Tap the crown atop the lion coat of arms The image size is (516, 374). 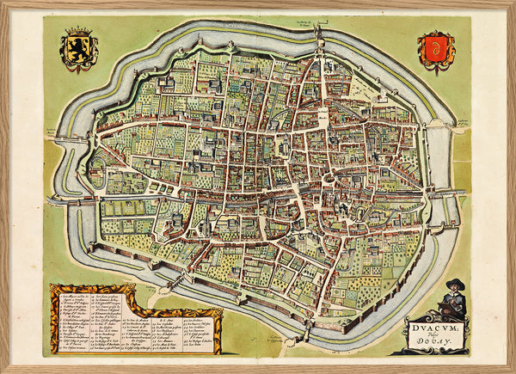click(78, 33)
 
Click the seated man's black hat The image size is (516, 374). click(455, 285)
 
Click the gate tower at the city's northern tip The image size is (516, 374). click(316, 34)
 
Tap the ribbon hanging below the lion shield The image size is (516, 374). click(78, 70)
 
